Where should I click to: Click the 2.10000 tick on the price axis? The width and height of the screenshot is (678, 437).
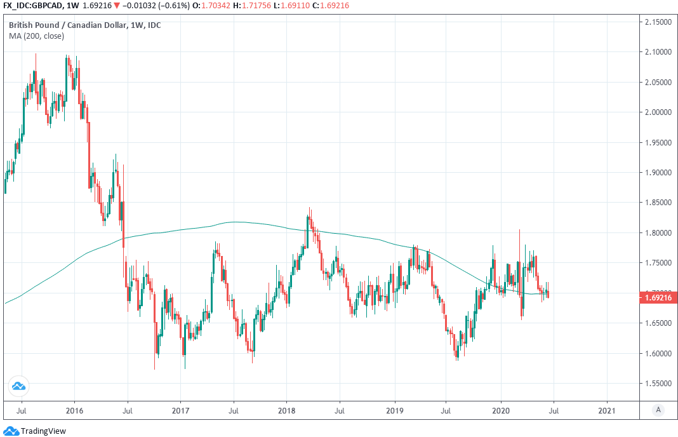658,52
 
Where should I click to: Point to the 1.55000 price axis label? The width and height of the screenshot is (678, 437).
658,384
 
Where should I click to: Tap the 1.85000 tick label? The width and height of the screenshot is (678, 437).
658,203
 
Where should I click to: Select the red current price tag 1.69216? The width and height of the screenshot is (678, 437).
658,297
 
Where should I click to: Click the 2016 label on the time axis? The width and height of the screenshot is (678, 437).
74,410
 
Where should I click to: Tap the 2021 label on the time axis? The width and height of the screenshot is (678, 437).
607,410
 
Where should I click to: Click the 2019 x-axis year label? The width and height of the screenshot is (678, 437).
394,410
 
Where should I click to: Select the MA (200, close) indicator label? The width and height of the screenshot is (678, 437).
36,36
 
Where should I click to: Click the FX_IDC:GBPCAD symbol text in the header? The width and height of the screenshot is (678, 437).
32,6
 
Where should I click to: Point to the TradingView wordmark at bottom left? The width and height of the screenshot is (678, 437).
43,431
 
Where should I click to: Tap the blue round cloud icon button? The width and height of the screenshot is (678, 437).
18,385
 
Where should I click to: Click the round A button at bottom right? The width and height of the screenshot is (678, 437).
658,410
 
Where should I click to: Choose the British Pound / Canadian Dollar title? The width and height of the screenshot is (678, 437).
84,25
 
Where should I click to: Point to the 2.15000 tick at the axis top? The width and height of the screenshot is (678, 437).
658,22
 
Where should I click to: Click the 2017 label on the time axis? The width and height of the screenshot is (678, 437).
180,410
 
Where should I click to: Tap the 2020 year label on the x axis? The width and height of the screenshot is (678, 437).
501,410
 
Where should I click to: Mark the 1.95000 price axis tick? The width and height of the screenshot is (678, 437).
658,142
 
